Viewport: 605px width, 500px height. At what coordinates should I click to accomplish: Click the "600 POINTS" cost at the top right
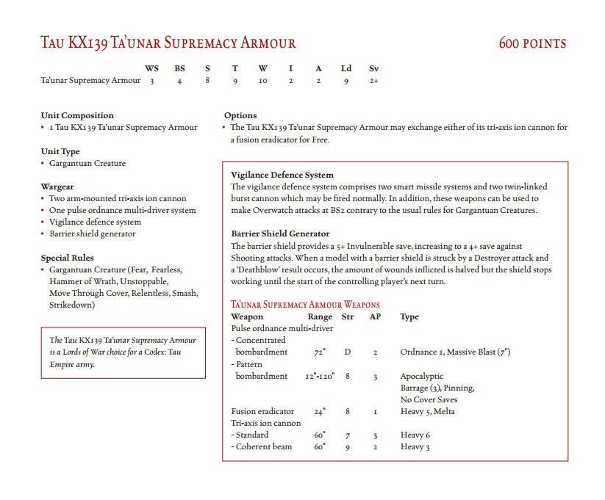(532, 43)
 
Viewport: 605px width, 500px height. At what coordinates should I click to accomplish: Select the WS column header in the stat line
(151, 68)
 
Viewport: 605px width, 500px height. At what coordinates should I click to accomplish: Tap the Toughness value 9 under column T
(235, 81)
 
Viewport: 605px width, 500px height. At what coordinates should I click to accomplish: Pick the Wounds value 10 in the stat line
(262, 81)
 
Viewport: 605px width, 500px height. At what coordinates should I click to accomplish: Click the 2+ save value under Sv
(374, 81)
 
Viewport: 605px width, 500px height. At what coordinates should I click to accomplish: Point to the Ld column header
(346, 68)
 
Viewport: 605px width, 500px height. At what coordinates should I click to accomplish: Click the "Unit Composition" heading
(77, 115)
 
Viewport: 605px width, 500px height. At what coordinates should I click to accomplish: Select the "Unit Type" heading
(60, 151)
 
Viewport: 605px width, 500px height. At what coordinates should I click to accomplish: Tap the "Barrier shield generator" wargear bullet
(93, 233)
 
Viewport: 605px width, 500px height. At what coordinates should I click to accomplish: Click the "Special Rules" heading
(67, 258)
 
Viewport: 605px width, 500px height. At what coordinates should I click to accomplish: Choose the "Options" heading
(240, 115)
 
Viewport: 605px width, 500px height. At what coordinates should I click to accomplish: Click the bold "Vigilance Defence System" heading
(282, 175)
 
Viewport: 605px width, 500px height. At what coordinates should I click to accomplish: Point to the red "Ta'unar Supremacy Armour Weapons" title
(305, 305)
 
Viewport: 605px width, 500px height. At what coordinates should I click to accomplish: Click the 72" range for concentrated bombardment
(319, 352)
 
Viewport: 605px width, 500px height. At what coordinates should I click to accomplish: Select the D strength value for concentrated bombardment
(348, 352)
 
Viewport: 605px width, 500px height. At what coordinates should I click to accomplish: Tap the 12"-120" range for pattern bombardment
(320, 376)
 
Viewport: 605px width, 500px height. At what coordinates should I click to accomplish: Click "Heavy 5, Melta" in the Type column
(427, 411)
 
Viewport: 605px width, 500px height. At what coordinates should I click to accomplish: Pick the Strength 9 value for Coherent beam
(348, 446)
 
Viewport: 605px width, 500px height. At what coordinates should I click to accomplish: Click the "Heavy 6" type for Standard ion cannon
(415, 435)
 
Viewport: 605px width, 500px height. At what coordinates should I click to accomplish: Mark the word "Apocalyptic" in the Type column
(422, 376)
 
